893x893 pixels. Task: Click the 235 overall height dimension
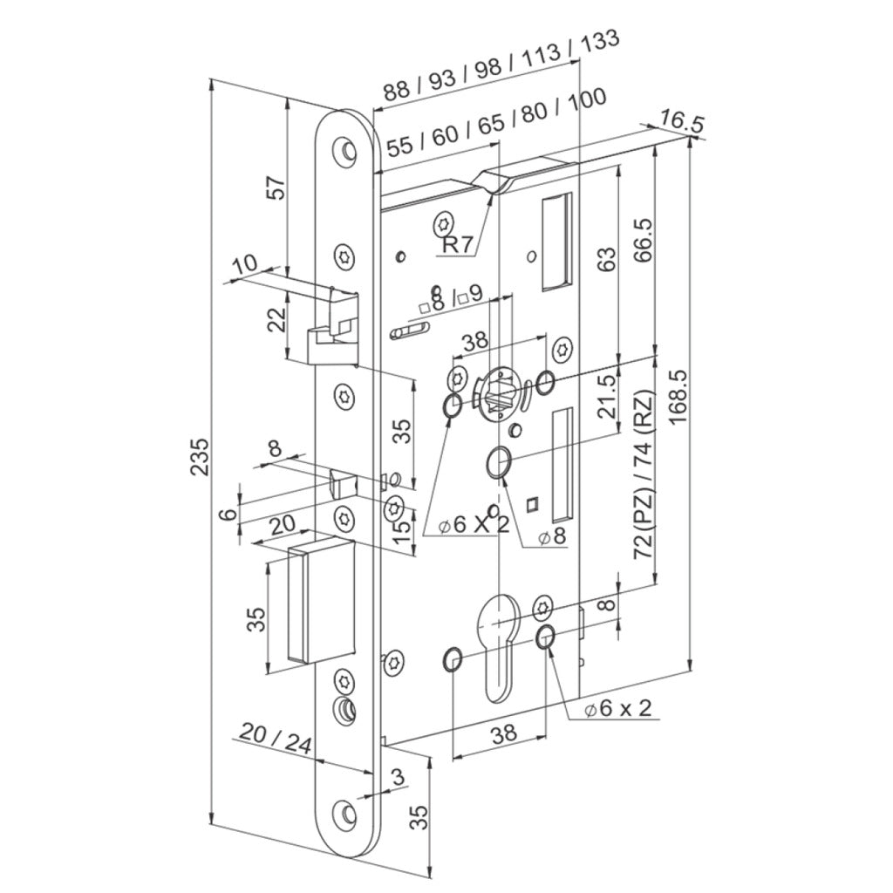(200, 457)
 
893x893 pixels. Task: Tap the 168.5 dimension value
(679, 397)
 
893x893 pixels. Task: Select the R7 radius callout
(458, 245)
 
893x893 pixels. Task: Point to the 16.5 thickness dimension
(682, 121)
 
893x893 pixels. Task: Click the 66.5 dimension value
(643, 240)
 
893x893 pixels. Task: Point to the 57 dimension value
(276, 187)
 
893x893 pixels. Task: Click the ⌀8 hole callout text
(551, 536)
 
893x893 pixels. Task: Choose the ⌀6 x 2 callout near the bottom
(618, 708)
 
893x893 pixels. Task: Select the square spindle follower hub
(496, 393)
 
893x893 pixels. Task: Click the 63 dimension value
(608, 259)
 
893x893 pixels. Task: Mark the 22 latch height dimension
(276, 320)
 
